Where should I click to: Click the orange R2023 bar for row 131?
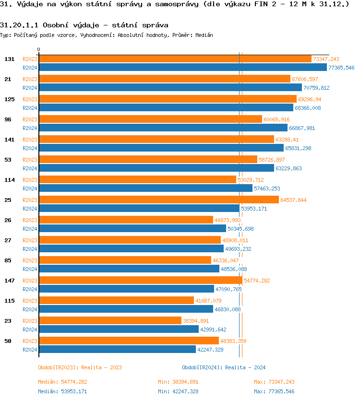175,59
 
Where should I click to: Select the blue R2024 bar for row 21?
170,88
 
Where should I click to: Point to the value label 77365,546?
341,68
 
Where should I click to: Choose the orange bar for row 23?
110,321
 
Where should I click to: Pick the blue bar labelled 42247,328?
117,350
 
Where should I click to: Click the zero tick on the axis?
39,49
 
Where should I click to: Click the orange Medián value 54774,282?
74,382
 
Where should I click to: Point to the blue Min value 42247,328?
185,391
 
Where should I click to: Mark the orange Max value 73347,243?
281,382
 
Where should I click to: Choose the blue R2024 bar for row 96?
163,128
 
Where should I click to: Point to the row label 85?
8,260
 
